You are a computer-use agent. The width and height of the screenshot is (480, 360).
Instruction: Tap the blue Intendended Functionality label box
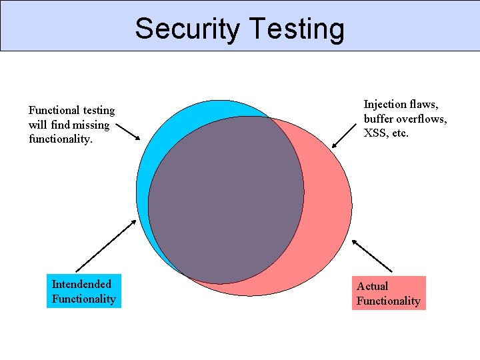tap(84, 291)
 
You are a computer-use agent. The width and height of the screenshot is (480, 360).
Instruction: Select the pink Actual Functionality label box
tap(389, 293)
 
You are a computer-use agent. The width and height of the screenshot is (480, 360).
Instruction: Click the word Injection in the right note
tap(385, 104)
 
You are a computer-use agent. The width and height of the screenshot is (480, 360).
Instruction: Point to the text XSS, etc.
tap(386, 133)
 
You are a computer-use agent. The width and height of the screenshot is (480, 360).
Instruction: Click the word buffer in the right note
tap(378, 119)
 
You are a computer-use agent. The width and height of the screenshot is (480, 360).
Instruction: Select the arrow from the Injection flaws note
tap(344, 135)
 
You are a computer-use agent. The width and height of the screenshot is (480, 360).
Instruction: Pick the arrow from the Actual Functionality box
tap(371, 255)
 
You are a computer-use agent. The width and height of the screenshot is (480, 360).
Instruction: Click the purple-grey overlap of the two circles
tap(227, 200)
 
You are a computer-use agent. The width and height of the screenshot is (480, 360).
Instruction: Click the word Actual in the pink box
tap(372, 286)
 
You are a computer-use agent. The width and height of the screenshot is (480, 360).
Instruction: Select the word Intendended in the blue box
tap(81, 284)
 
